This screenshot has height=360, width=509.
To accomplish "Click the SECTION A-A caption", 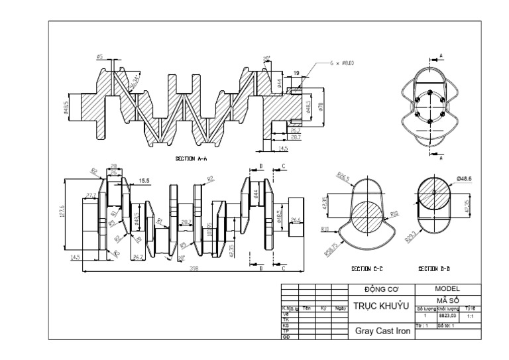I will point(192,159).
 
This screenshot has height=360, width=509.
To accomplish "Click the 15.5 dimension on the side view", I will point(144,181).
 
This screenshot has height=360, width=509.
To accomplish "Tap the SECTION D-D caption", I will point(435,269).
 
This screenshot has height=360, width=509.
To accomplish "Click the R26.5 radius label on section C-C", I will point(344,178).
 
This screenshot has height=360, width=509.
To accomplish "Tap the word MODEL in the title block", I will point(447,290).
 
